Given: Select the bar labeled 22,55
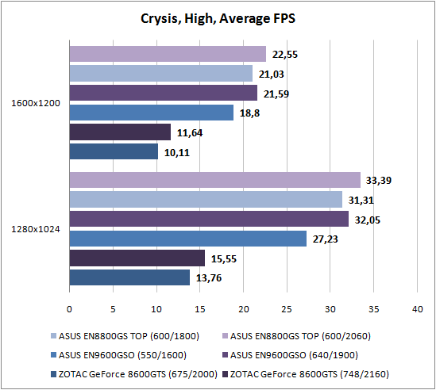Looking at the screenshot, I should pyautogui.click(x=168, y=54).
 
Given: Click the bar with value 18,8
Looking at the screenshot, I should pyautogui.click(x=152, y=113).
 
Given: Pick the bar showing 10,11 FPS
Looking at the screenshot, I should pyautogui.click(x=114, y=151).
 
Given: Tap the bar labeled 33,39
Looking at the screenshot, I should pyautogui.click(x=215, y=180).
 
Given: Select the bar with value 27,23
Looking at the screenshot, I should pyautogui.click(x=188, y=239).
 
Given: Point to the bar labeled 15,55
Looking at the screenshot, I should pyautogui.click(x=137, y=258).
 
